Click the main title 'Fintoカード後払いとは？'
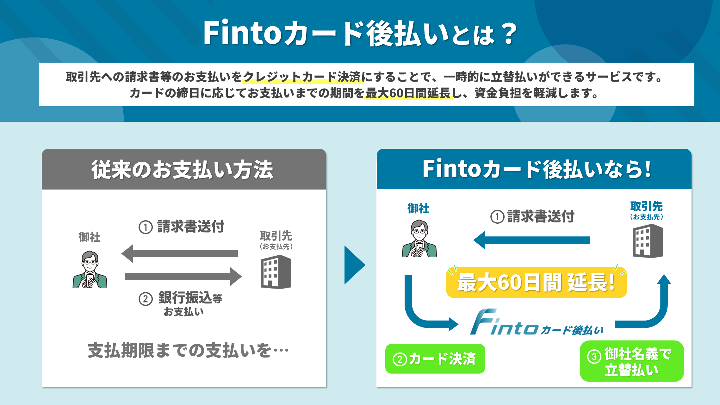tap(360, 33)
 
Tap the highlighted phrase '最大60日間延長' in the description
tap(408, 93)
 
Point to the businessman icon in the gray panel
tap(90, 270)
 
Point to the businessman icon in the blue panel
tap(419, 239)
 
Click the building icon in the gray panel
tap(276, 272)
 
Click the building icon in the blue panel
tap(648, 241)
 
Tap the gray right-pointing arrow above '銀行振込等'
tap(183, 277)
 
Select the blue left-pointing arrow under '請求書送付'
tap(531, 240)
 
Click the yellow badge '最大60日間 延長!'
tap(536, 282)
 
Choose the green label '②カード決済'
tap(435, 359)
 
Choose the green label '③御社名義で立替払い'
tap(631, 361)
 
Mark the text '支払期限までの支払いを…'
tap(188, 351)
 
